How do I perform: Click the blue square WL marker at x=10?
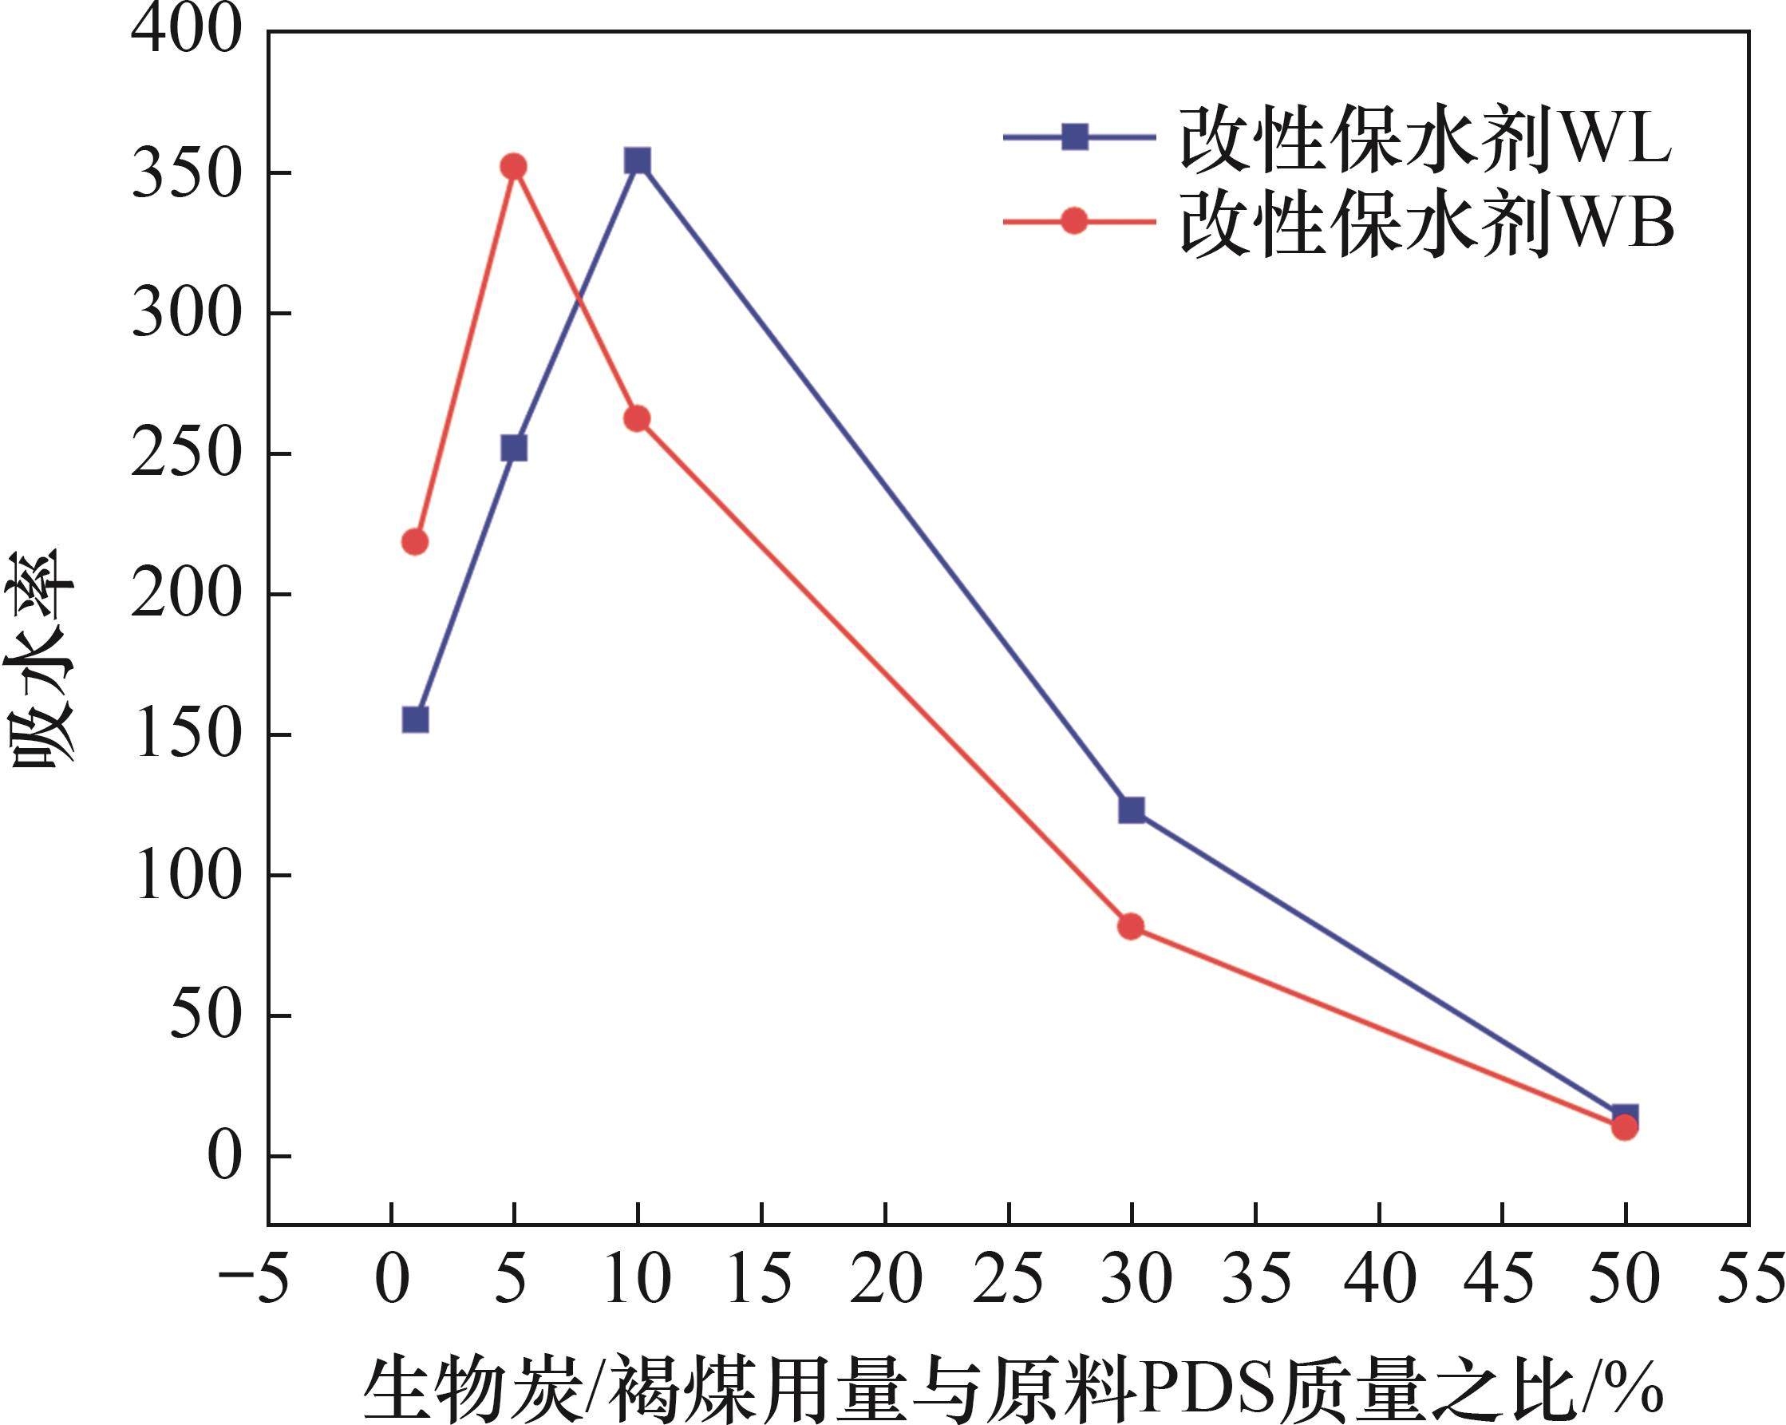637,160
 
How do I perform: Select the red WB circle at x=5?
514,167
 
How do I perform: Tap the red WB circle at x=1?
415,542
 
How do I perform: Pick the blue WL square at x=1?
415,720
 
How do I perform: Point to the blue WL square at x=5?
514,448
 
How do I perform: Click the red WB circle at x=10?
637,419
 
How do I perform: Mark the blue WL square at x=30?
1132,809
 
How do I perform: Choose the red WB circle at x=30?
1132,926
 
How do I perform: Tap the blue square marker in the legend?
1074,137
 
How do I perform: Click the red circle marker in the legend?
1074,221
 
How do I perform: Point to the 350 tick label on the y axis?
187,175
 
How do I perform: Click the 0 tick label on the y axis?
223,1157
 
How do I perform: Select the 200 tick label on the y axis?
187,595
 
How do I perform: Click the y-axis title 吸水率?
41,659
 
